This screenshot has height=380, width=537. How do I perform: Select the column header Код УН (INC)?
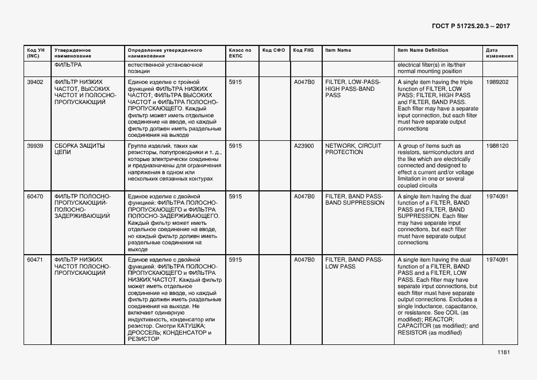(x=34, y=53)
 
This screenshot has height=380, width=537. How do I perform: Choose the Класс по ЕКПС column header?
(x=239, y=53)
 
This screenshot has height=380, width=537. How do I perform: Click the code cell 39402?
(x=35, y=82)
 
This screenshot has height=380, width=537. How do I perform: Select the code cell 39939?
(x=35, y=146)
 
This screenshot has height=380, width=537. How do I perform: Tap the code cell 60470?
(x=35, y=197)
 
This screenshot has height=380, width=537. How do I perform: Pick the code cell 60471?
(x=35, y=260)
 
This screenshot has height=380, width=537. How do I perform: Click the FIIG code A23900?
(x=304, y=146)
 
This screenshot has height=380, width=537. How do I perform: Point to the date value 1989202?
(x=497, y=82)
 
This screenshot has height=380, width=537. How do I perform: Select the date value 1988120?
(x=497, y=146)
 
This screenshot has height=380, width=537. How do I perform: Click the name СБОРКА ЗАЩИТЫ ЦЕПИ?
(x=79, y=149)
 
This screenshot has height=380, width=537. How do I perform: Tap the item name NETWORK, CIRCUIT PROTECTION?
(x=353, y=149)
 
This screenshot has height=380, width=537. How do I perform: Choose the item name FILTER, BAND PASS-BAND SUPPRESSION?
(x=354, y=199)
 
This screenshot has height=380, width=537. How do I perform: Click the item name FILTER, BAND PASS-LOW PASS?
(x=354, y=263)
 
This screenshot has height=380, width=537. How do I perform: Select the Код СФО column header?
(x=274, y=50)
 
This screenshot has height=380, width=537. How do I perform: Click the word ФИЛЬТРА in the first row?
(x=68, y=65)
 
